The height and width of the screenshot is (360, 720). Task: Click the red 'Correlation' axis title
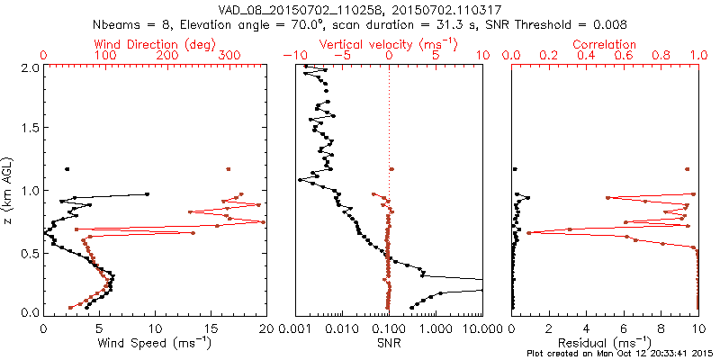605,44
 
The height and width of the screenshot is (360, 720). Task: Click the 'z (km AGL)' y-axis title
8,190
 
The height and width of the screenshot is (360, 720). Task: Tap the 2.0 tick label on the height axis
29,68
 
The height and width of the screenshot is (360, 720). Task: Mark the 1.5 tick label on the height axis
29,130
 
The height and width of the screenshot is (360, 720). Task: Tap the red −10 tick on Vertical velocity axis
293,56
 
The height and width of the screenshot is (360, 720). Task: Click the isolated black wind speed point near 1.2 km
67,169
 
